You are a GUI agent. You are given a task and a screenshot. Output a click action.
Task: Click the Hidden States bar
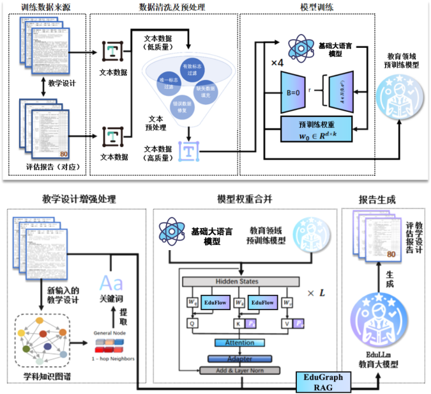pyautogui.click(x=239, y=282)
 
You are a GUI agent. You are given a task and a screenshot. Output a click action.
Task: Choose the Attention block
pyautogui.click(x=239, y=343)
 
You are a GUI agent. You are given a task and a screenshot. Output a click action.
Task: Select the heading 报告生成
pyautogui.click(x=377, y=200)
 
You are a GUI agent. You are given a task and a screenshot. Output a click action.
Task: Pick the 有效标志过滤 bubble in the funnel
pyautogui.click(x=192, y=69)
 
